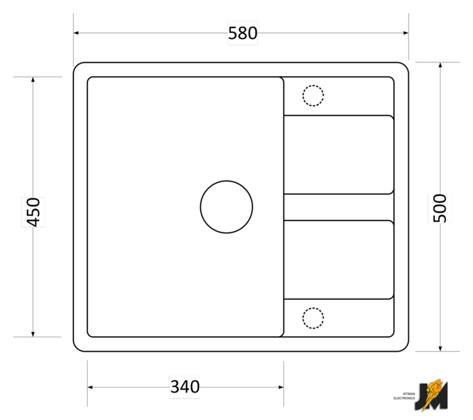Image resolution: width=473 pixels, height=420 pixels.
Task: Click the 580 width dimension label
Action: coord(243,33)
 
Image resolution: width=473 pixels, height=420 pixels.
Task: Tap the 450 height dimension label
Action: coord(33,212)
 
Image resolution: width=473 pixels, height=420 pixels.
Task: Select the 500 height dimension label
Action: coord(440,208)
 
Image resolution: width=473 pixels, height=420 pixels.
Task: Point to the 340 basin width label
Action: coord(185,387)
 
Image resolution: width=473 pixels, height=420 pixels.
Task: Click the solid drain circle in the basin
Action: coord(226,181)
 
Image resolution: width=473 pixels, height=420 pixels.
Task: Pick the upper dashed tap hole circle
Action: coord(313,85)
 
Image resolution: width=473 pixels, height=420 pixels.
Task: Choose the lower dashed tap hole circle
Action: coord(313,308)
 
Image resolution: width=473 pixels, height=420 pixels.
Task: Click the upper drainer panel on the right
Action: coord(339,154)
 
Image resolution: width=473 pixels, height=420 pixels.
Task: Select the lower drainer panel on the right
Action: coord(339,260)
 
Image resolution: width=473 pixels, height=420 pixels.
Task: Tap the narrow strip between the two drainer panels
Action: coord(339,207)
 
